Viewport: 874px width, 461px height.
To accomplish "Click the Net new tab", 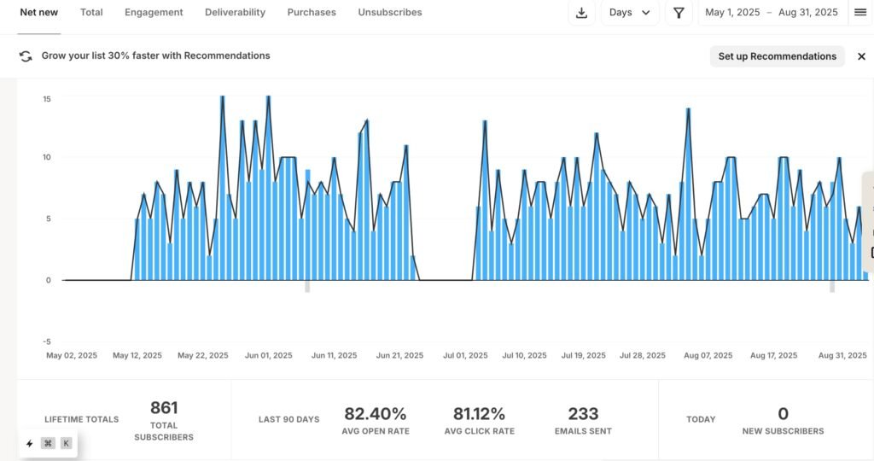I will (x=39, y=13).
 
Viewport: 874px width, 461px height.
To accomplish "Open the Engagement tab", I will (x=154, y=13).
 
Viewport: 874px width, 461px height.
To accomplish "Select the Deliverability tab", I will (x=235, y=13).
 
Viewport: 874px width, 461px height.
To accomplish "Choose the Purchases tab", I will (x=312, y=13).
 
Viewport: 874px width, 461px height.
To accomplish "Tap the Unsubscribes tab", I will (x=390, y=13).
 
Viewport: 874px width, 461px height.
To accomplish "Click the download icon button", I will (x=581, y=13).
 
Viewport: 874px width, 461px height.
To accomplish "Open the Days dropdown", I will (x=630, y=13).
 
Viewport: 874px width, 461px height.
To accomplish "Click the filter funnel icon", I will (x=679, y=13).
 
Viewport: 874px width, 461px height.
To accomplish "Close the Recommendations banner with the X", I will (x=861, y=56).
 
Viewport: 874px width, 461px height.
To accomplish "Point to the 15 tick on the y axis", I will (x=47, y=99).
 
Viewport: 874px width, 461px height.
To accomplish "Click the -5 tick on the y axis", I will (x=47, y=341).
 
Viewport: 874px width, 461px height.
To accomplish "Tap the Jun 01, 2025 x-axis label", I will (x=268, y=356).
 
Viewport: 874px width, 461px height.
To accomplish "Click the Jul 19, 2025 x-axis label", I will (x=584, y=356).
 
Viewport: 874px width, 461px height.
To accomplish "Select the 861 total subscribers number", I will (x=164, y=408).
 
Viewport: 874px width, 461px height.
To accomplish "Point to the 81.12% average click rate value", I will (x=479, y=414).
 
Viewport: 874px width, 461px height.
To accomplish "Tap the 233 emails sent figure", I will (x=583, y=414).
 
